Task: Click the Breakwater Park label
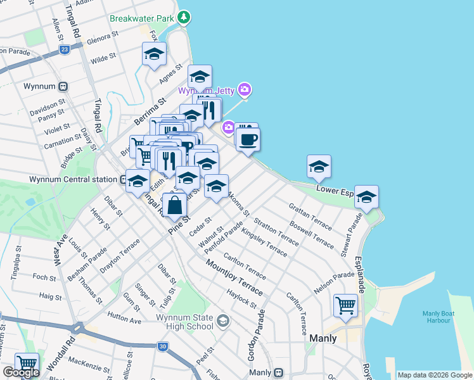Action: tap(141, 18)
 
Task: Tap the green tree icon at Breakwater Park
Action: tap(184, 17)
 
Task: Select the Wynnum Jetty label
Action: tap(205, 91)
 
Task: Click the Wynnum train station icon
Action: tap(63, 86)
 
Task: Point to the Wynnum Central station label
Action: tap(74, 179)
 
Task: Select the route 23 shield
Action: tap(64, 49)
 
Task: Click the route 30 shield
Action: tap(163, 346)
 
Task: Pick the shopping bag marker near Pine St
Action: tap(174, 205)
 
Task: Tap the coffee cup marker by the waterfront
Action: tap(248, 139)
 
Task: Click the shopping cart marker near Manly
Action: tap(345, 305)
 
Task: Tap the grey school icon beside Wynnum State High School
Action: tap(222, 321)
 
